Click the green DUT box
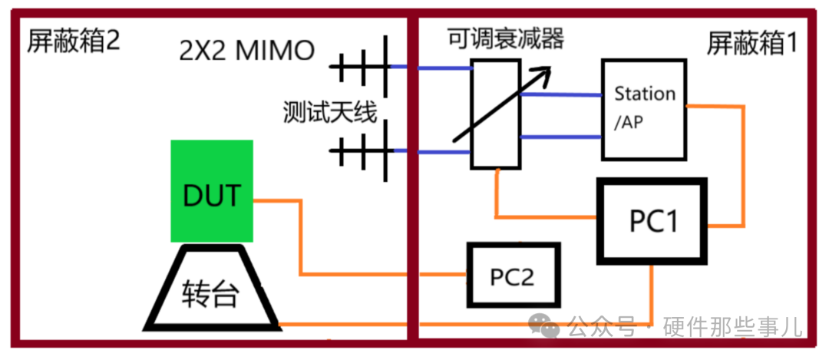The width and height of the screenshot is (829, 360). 212,191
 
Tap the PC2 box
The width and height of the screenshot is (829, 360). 513,276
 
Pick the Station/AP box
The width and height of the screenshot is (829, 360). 642,111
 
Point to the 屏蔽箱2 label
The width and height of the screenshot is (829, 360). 74,41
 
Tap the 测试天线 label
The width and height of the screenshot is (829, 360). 330,114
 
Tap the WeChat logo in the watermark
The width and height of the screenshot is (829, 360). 547,326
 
